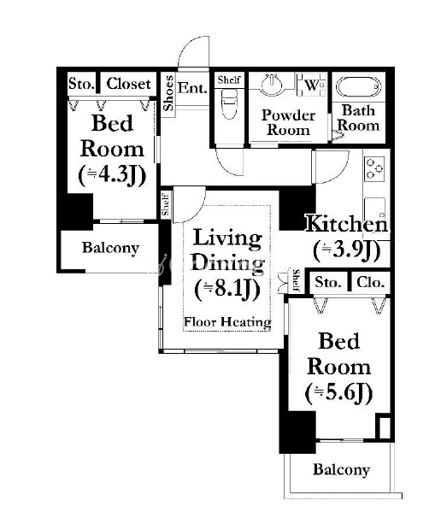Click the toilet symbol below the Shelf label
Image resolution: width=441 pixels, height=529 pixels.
point(229,103)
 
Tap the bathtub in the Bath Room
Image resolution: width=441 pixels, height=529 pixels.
point(358,87)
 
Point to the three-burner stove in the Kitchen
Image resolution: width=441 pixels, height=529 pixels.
point(375,168)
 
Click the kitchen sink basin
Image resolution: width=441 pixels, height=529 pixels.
point(375,210)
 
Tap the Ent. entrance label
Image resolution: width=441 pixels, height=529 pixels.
point(191,88)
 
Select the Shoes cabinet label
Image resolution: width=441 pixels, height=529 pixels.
point(168,93)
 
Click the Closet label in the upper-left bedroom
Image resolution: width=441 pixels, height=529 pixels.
point(128,84)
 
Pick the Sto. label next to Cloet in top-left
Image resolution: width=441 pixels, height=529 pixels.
point(81,83)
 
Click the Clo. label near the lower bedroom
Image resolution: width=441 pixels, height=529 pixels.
point(370,282)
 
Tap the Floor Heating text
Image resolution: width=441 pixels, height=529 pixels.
point(227,322)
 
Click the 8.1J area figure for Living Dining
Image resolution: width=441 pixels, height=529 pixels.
point(226,290)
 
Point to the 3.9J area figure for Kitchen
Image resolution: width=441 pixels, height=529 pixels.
point(347,250)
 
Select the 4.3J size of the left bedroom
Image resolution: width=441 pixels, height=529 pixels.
point(112,175)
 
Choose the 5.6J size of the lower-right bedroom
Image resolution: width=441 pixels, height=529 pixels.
point(339,392)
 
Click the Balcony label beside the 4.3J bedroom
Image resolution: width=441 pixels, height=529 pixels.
point(110,248)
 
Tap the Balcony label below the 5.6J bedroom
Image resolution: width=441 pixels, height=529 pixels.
point(341,469)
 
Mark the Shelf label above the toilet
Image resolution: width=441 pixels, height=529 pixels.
point(229,80)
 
